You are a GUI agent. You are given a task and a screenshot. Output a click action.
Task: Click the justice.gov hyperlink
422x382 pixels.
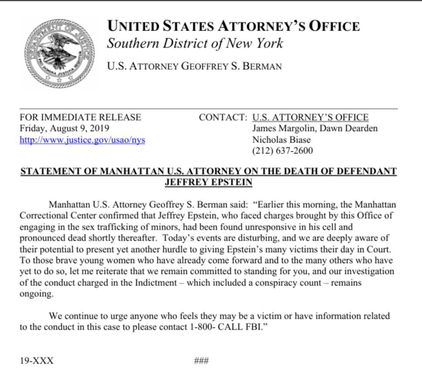click(x=83, y=140)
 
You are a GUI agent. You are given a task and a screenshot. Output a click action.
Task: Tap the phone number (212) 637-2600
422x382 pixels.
click(x=282, y=151)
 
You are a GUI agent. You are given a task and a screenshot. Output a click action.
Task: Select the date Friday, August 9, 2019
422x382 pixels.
click(x=65, y=129)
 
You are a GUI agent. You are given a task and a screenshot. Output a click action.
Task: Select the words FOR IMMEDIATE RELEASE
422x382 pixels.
click(x=80, y=117)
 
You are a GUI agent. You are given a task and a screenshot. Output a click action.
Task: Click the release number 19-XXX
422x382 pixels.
click(x=37, y=361)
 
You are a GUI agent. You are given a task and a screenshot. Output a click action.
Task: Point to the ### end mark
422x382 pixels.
click(x=201, y=361)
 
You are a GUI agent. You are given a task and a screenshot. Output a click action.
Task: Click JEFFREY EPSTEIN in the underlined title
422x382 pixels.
click(x=209, y=183)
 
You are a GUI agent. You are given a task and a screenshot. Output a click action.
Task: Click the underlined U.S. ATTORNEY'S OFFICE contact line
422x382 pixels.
click(x=311, y=117)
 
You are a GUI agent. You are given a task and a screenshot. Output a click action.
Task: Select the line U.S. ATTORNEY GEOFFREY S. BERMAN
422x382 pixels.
click(x=194, y=66)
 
